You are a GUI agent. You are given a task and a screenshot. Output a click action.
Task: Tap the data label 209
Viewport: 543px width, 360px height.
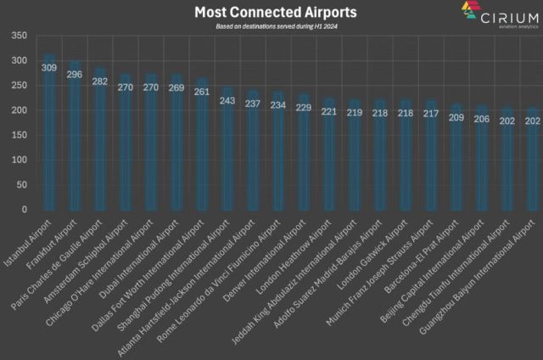tap(457, 117)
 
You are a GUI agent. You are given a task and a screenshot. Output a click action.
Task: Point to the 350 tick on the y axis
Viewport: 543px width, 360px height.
tap(20, 37)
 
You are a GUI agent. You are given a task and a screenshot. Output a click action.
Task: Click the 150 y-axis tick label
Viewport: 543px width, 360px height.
tap(20, 135)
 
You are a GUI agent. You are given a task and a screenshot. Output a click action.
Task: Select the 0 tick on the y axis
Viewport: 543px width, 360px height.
tap(25, 209)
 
